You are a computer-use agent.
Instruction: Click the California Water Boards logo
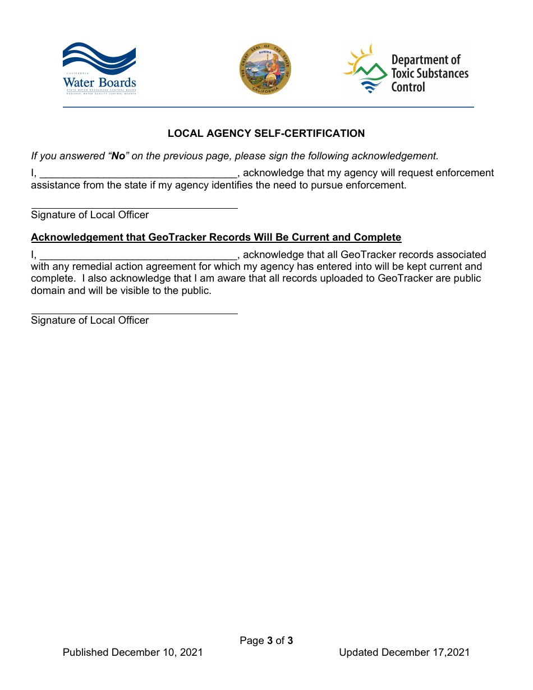tap(99, 68)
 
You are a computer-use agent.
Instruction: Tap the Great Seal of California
tap(265, 70)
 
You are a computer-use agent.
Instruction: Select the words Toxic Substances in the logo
tap(429, 73)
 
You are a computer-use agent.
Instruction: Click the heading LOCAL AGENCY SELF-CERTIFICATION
tap(266, 134)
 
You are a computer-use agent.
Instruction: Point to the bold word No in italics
tap(118, 156)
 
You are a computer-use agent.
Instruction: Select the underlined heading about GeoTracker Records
tap(216, 237)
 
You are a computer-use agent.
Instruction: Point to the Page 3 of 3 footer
tap(266, 641)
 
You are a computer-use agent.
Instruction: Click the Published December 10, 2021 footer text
tap(133, 652)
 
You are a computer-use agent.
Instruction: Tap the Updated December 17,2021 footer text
tap(404, 652)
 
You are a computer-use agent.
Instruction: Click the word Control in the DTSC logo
tap(408, 88)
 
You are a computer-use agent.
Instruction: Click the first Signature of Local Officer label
tap(90, 215)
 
